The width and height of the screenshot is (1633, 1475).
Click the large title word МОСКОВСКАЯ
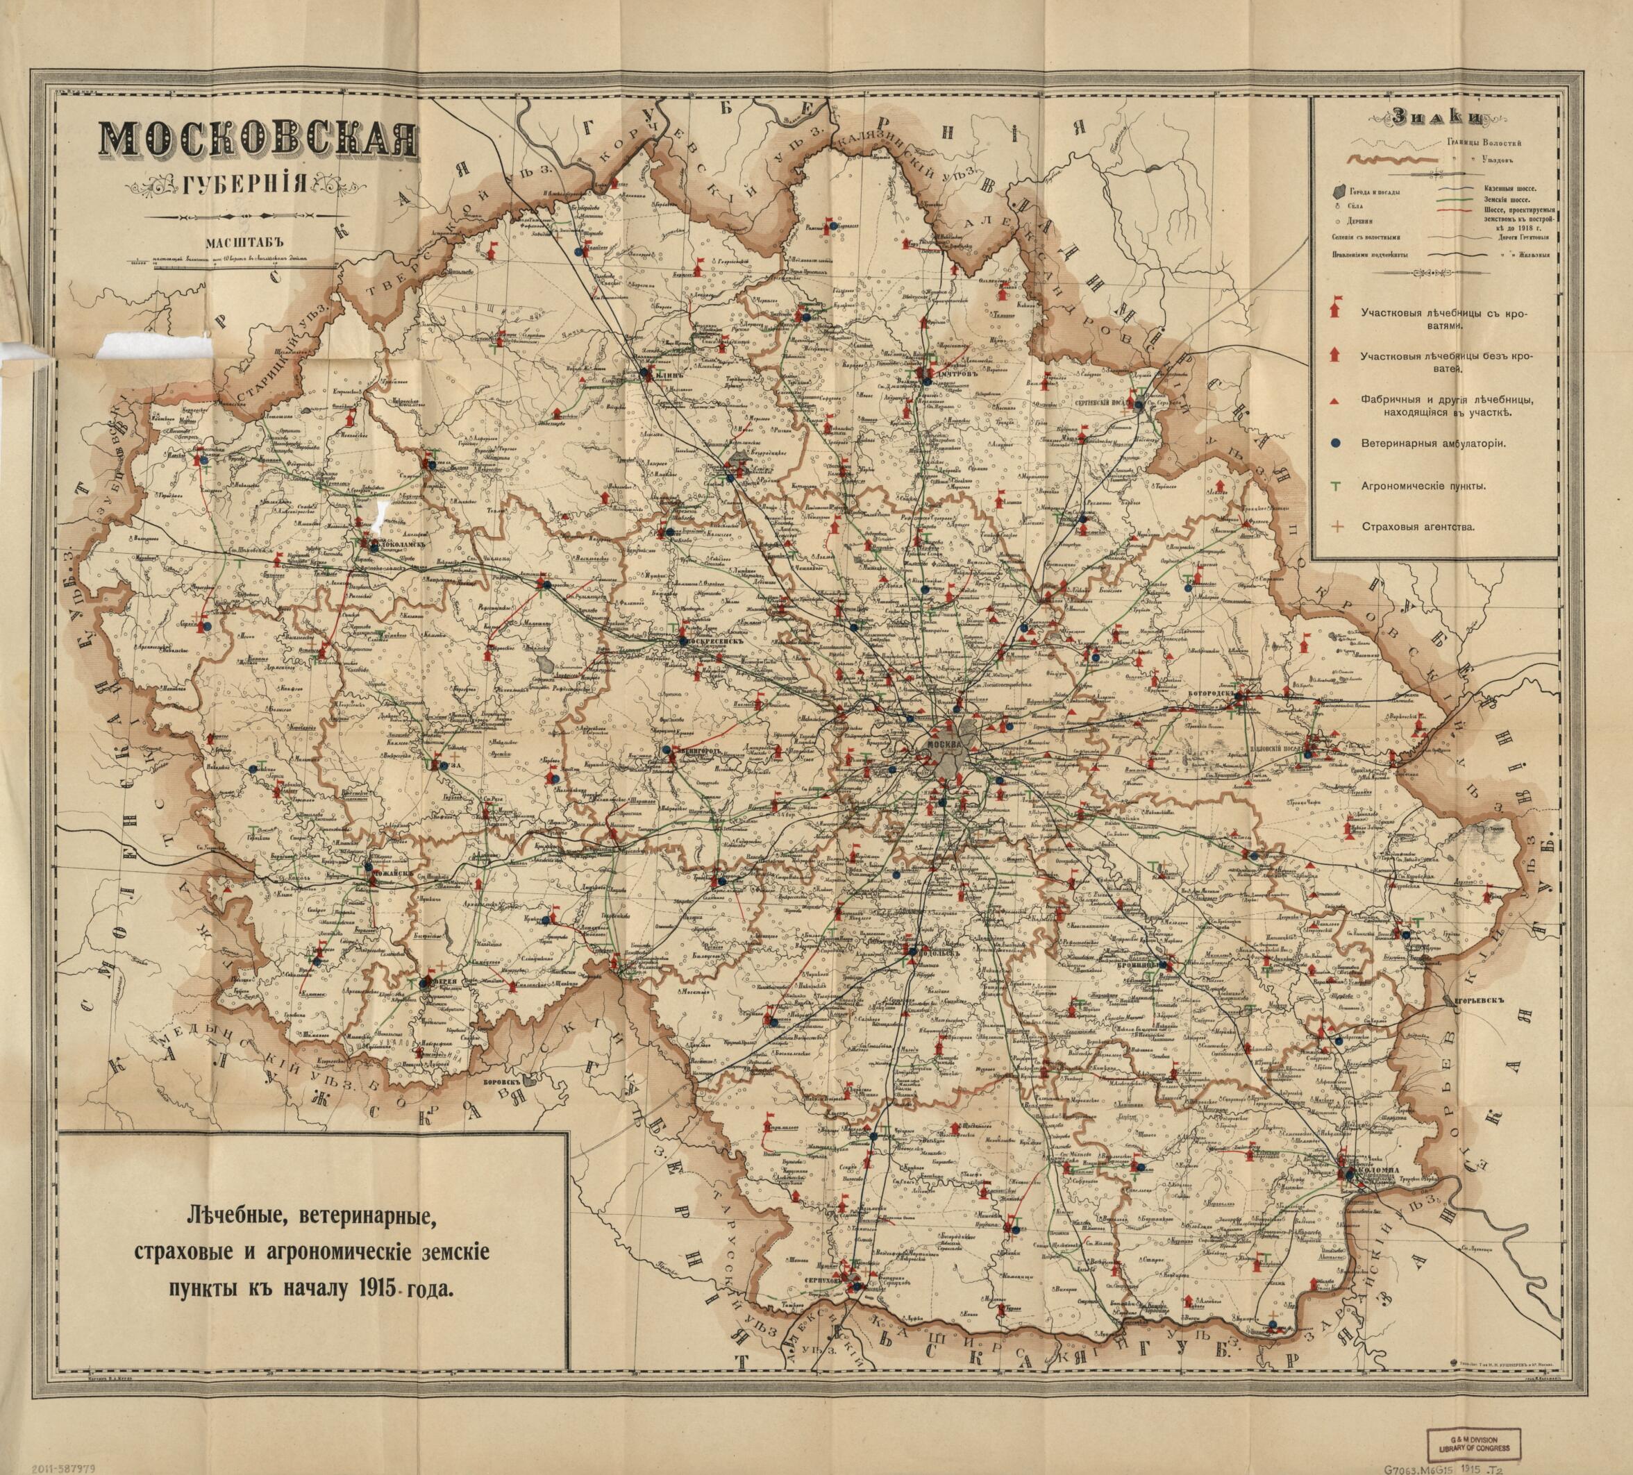click(258, 142)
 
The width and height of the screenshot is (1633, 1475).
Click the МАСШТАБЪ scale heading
click(233, 242)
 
